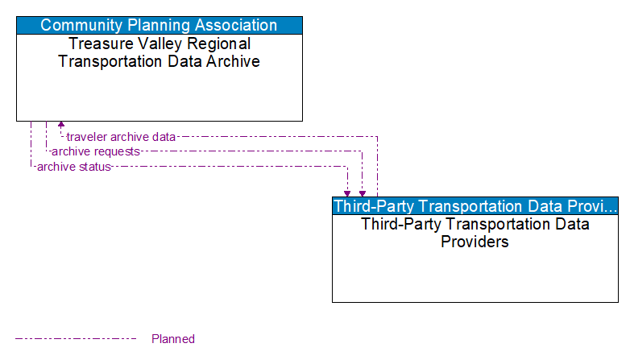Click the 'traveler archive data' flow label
pyautogui.click(x=121, y=137)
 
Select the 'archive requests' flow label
pyautogui.click(x=96, y=151)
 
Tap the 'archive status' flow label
pyautogui.click(x=73, y=167)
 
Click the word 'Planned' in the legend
pyautogui.click(x=173, y=339)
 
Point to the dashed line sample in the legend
pyautogui.click(x=76, y=339)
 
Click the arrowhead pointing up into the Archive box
pyautogui.click(x=61, y=126)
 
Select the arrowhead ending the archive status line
pyautogui.click(x=347, y=193)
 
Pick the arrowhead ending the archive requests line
pyautogui.click(x=363, y=193)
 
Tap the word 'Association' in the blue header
pyautogui.click(x=234, y=25)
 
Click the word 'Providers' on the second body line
pyautogui.click(x=475, y=242)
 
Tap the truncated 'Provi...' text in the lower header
pyautogui.click(x=595, y=205)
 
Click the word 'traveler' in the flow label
pyautogui.click(x=87, y=137)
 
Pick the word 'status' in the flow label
pyautogui.click(x=94, y=167)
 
